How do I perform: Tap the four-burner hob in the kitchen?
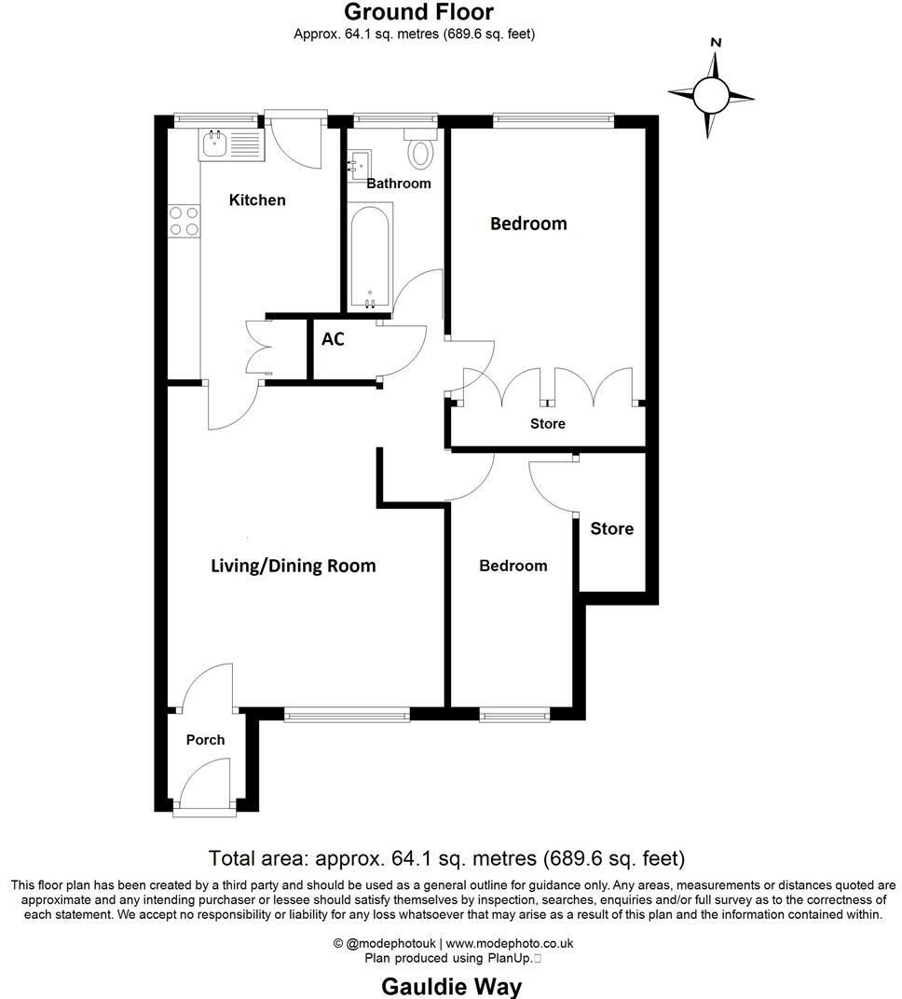(x=184, y=220)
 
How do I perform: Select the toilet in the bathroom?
(x=421, y=149)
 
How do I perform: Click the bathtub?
(x=370, y=257)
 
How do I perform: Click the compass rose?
(x=711, y=93)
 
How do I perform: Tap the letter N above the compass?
(x=716, y=42)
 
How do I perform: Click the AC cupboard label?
(x=333, y=339)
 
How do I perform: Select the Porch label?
(x=205, y=740)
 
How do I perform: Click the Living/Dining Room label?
(x=293, y=566)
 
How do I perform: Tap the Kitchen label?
(x=257, y=200)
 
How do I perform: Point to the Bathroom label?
(x=399, y=184)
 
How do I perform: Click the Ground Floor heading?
(x=418, y=12)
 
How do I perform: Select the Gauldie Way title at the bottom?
(x=452, y=986)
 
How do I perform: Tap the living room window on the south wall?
(x=347, y=715)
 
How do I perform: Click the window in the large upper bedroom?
(x=553, y=119)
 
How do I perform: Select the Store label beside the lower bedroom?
(x=611, y=529)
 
